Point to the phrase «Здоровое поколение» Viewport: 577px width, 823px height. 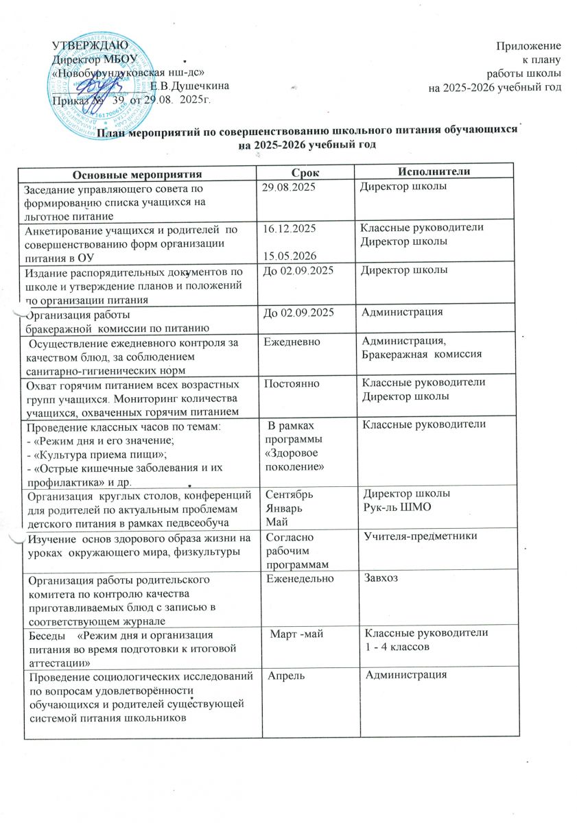294,460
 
